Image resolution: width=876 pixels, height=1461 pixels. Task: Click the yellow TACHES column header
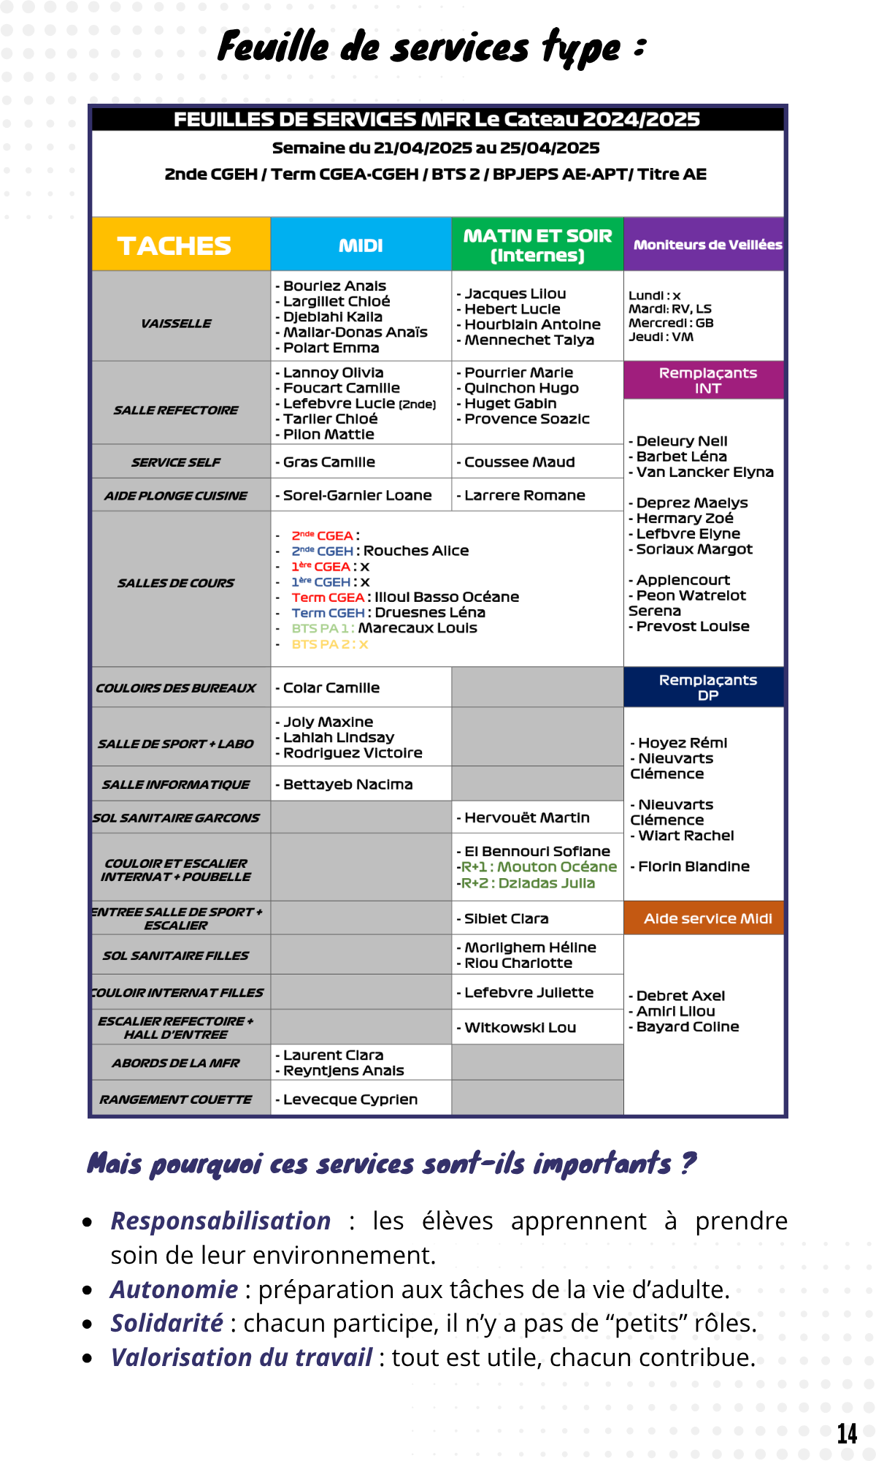pos(174,245)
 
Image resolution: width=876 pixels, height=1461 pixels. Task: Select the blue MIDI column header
pos(361,245)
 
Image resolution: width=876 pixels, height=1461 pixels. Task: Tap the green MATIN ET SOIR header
pos(537,245)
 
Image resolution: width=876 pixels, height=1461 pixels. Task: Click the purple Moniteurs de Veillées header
pos(707,245)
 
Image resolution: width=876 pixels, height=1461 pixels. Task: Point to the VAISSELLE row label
pos(176,323)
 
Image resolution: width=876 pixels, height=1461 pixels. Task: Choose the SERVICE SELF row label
pos(176,462)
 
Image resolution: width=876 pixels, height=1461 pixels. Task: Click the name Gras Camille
pos(328,462)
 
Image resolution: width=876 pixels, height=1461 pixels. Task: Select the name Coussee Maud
pos(519,462)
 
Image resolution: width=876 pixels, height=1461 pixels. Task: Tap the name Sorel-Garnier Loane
pos(357,495)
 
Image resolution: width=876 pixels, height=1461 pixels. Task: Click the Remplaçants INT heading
pos(707,381)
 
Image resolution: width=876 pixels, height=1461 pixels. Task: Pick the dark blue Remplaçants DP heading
pos(707,687)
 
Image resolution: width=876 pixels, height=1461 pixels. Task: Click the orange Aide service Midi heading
pos(707,918)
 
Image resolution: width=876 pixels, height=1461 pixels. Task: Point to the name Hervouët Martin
pos(526,817)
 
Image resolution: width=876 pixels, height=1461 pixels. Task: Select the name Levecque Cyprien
pos(350,1099)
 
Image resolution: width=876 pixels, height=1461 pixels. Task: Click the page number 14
pos(847,1433)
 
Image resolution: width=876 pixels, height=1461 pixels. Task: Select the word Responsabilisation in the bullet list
pos(220,1221)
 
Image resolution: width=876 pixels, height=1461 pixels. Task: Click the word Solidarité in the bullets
pos(167,1323)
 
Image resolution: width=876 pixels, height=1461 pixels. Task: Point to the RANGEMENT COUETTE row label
pos(176,1099)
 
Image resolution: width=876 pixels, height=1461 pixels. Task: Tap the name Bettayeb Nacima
pos(347,785)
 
